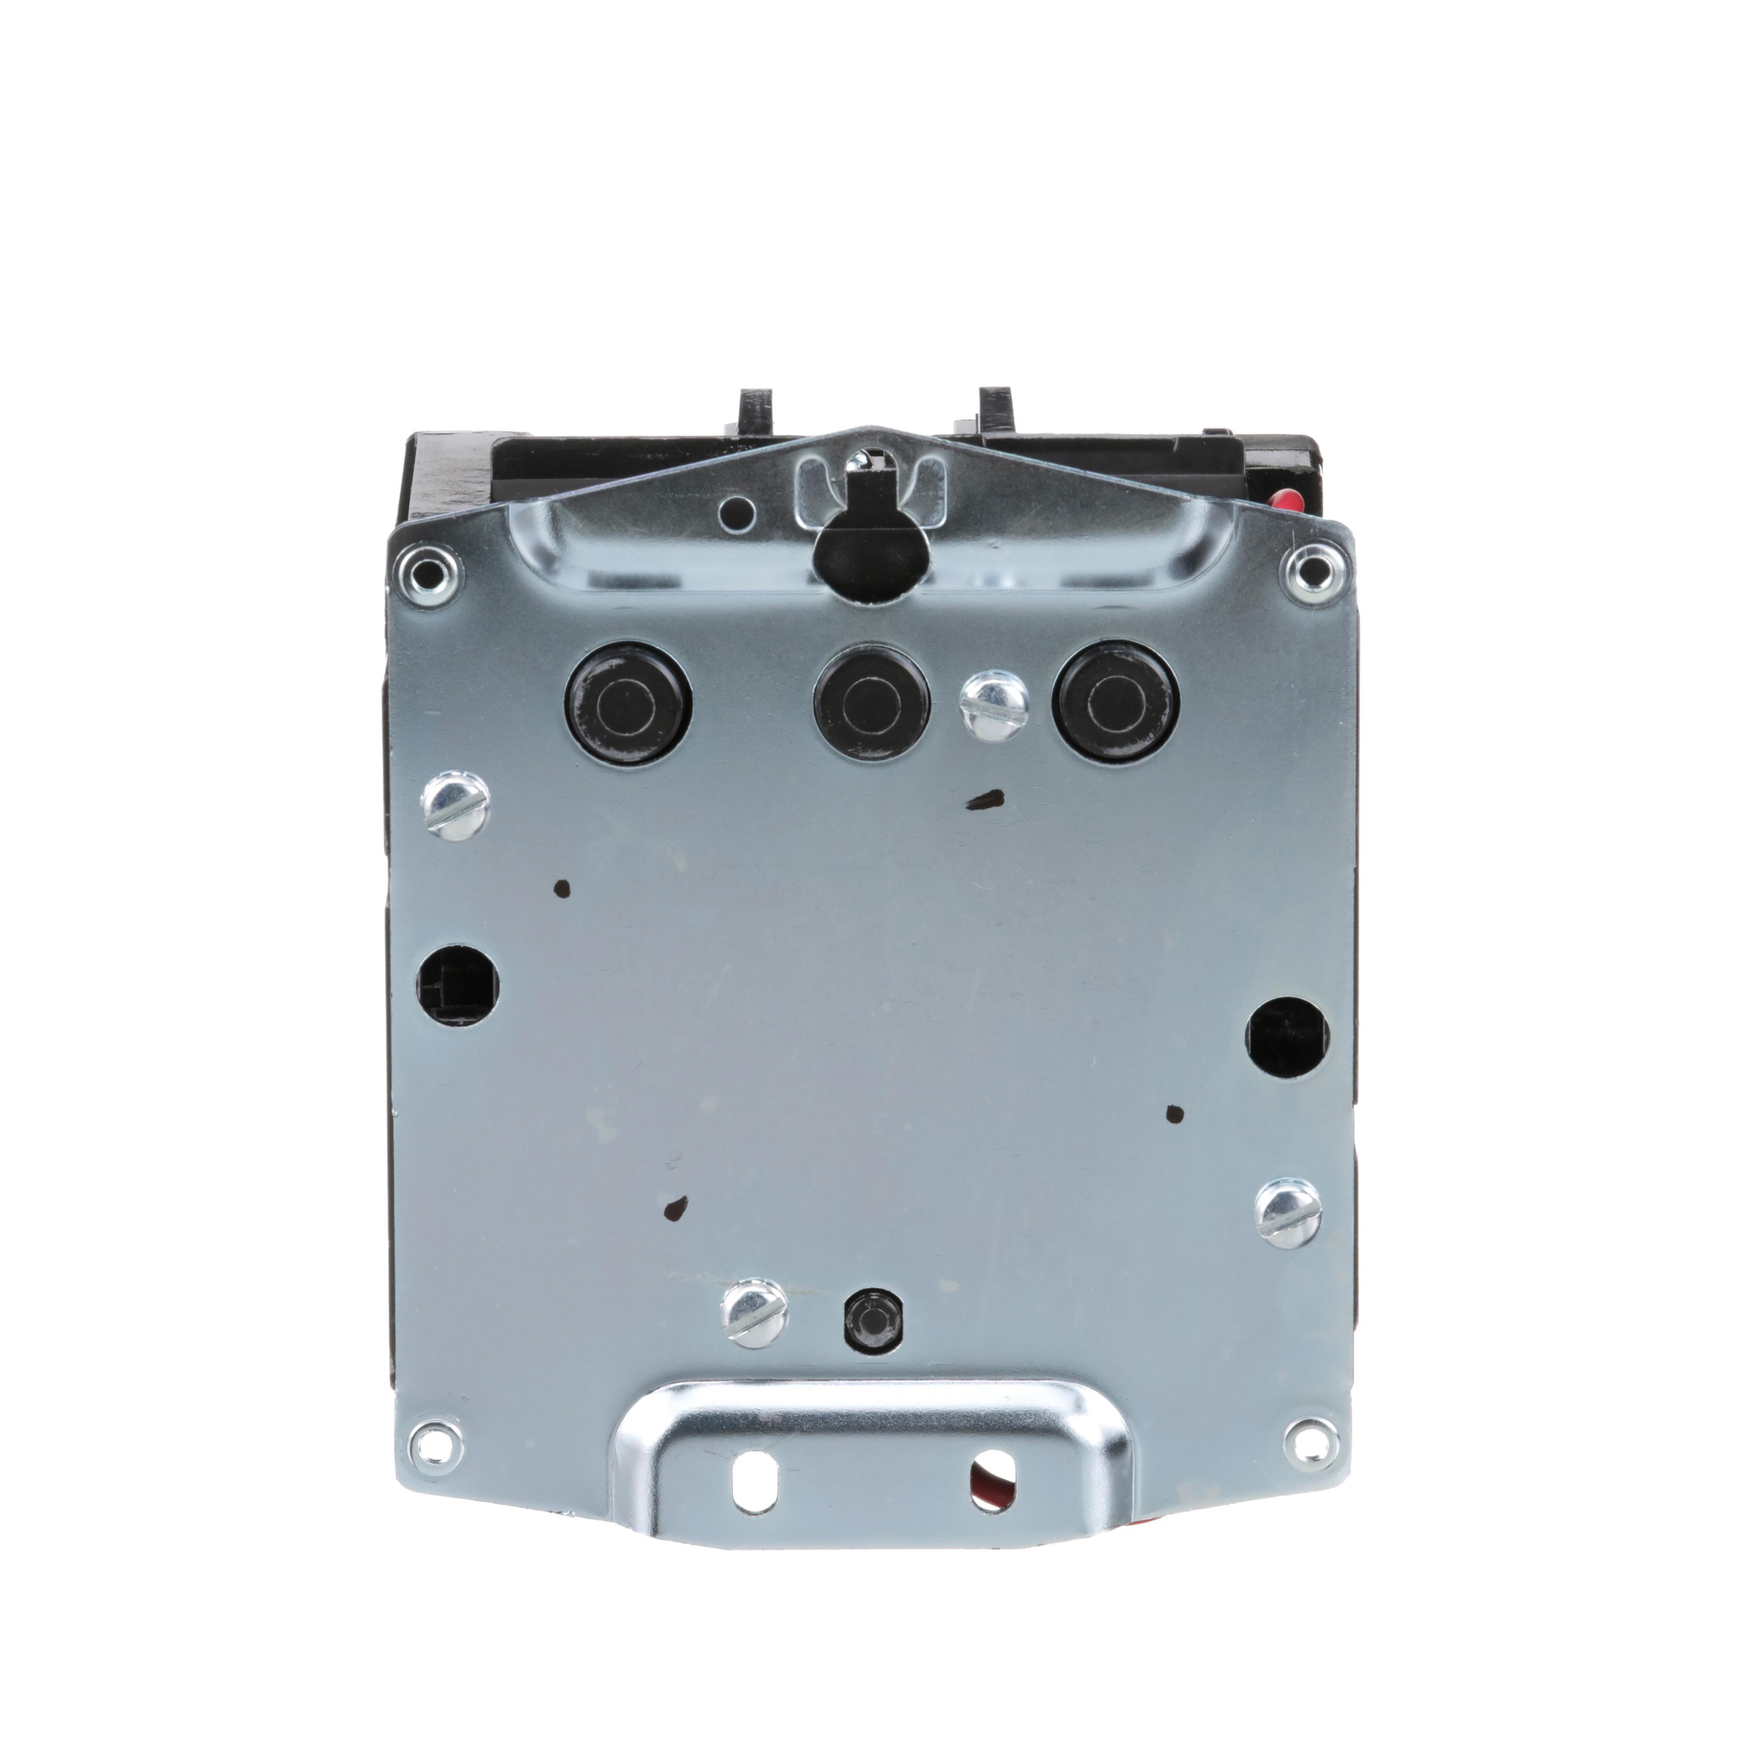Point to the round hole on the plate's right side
click(x=1287, y=1037)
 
